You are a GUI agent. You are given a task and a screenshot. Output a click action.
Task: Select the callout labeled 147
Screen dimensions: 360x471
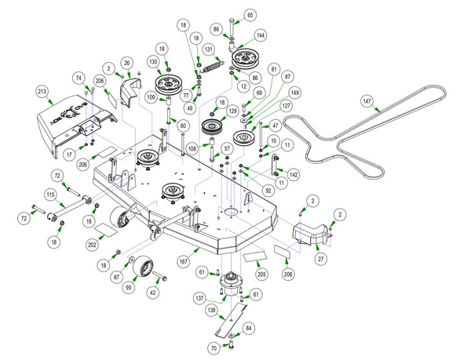click(367, 101)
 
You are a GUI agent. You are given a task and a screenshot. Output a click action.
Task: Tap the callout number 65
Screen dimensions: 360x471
click(250, 16)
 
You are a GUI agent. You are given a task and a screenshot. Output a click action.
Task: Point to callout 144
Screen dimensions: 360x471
click(261, 36)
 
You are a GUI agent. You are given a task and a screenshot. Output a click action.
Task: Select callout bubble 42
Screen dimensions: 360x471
click(152, 292)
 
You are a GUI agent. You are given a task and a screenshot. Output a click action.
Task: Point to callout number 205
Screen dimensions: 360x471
click(261, 275)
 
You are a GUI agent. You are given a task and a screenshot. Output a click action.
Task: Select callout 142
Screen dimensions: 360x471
click(294, 174)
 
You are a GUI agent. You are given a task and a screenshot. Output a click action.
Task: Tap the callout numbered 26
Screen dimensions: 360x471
click(126, 63)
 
